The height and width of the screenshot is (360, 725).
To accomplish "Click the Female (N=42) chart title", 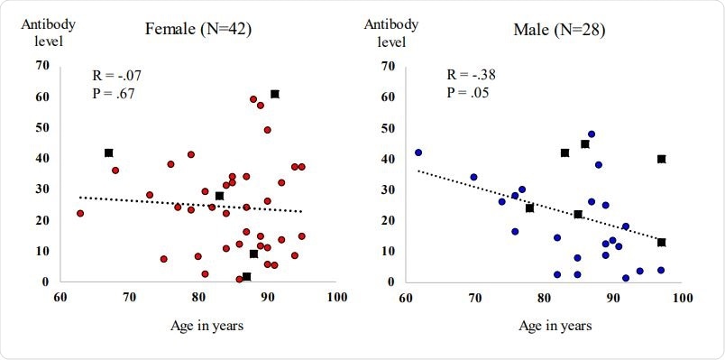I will [x=197, y=30].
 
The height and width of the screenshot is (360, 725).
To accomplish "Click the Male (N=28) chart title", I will [x=559, y=30].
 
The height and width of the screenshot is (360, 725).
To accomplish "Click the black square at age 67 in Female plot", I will [x=109, y=153].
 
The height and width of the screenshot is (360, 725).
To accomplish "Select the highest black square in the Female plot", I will [x=275, y=94].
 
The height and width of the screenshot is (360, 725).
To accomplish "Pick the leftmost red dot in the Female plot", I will [x=80, y=214].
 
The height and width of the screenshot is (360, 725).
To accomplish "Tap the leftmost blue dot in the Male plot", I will [x=418, y=152].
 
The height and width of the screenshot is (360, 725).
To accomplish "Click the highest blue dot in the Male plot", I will [x=592, y=134].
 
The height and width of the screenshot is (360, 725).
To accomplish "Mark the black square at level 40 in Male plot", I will [x=661, y=159].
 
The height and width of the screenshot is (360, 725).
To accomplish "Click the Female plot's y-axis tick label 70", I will [x=41, y=65].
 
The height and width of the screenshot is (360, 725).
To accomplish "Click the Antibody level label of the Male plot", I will [x=392, y=32].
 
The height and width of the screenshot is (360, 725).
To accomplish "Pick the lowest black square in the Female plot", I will [x=247, y=277].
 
